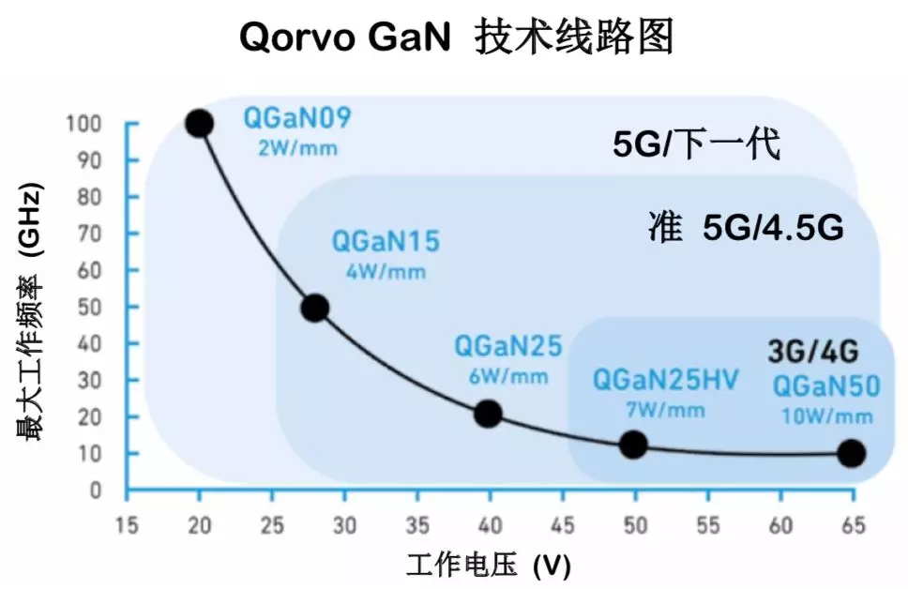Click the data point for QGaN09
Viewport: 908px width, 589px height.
199,123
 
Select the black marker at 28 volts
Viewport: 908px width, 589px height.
315,307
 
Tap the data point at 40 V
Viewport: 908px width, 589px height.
489,414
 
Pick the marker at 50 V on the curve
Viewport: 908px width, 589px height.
634,445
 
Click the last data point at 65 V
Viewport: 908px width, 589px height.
852,453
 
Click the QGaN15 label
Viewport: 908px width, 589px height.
385,242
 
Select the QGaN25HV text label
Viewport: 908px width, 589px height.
665,380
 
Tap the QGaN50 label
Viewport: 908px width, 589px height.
825,385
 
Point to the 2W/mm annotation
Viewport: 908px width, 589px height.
296,147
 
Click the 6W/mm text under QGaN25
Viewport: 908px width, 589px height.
507,376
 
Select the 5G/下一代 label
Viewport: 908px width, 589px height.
697,146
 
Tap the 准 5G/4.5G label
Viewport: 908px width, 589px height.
747,228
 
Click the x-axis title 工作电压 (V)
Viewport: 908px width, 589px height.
487,566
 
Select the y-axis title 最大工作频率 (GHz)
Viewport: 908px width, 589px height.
30,313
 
